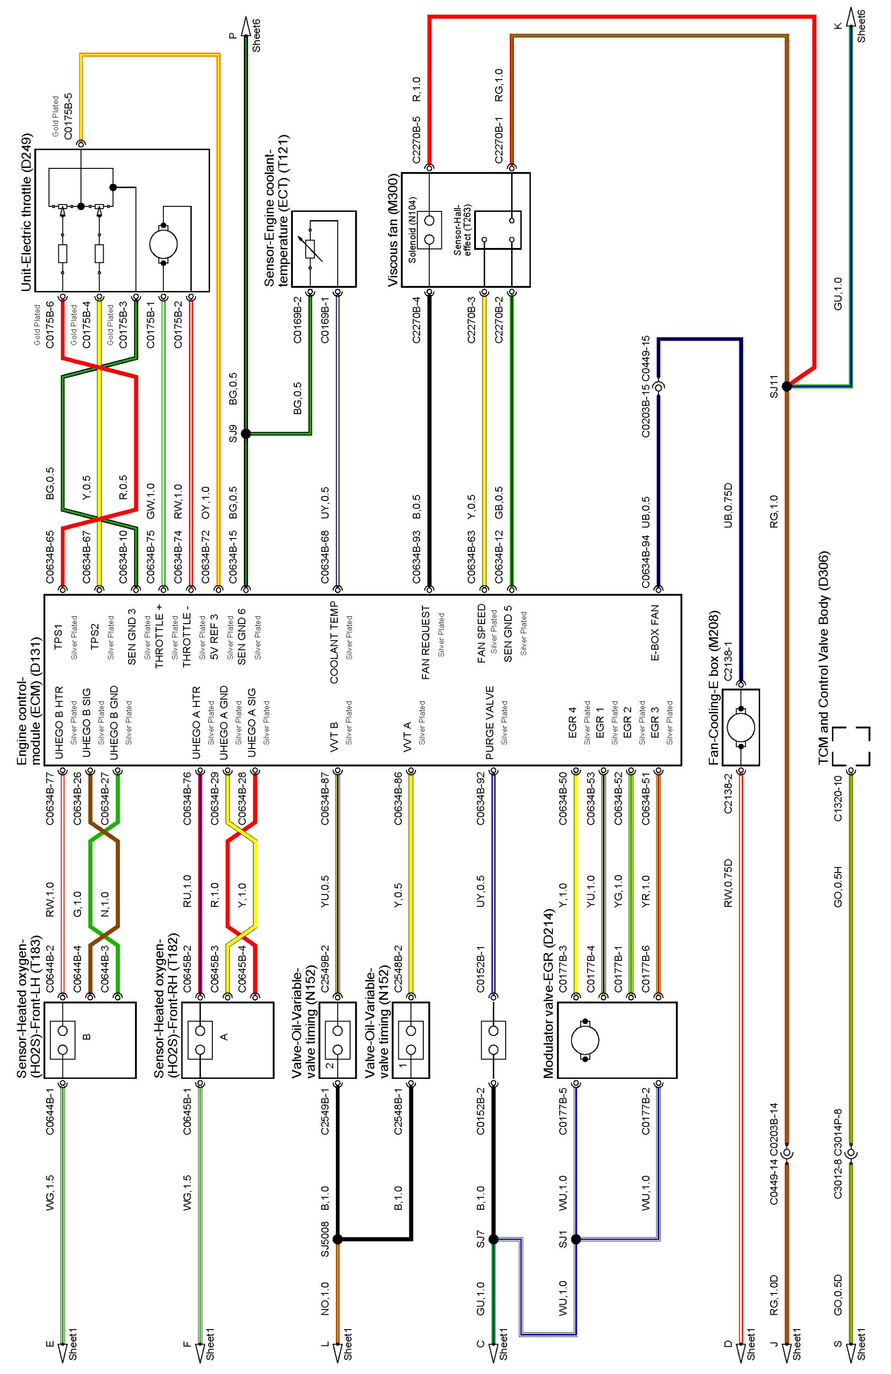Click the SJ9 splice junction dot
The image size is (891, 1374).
pos(245,433)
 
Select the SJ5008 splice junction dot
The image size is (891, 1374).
pos(338,1239)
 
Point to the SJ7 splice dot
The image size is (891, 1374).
pos(493,1239)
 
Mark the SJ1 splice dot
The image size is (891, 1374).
pos(575,1239)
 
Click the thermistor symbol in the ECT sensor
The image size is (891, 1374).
pos(311,249)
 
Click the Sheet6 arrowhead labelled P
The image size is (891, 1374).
pos(245,26)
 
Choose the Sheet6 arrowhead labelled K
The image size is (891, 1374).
pos(850,17)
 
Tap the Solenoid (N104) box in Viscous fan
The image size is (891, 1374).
pos(429,230)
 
